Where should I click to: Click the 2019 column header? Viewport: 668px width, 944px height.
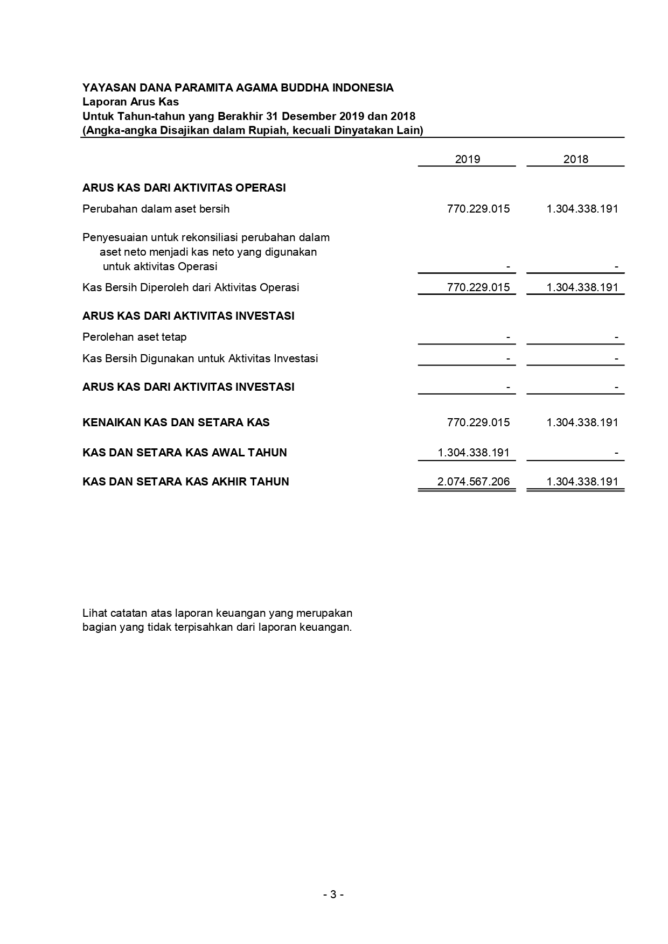(x=467, y=159)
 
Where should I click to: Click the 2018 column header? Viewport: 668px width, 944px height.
(x=575, y=159)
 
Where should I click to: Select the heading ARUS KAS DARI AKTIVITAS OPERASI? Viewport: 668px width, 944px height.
(x=184, y=188)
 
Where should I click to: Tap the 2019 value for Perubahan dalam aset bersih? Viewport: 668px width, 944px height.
(x=478, y=209)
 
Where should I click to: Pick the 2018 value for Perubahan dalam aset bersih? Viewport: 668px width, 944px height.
(x=582, y=209)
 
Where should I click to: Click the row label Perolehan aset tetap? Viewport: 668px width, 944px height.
(x=134, y=337)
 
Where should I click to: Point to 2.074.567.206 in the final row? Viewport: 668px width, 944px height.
(x=473, y=482)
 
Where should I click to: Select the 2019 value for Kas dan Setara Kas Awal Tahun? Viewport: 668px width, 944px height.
(x=473, y=453)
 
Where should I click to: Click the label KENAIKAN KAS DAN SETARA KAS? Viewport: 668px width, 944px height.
(x=176, y=422)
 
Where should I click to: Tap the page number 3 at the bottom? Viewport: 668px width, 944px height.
(x=333, y=894)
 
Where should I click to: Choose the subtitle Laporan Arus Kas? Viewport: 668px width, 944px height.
(x=130, y=102)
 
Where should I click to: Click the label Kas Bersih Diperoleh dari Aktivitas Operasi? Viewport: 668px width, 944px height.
(x=190, y=287)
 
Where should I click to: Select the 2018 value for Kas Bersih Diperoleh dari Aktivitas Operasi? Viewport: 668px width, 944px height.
(x=582, y=287)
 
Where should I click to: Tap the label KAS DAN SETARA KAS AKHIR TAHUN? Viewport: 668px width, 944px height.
(x=185, y=482)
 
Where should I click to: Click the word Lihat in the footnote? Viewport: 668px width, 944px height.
(x=95, y=613)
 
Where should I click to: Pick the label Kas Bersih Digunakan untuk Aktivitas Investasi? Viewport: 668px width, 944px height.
(x=200, y=358)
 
